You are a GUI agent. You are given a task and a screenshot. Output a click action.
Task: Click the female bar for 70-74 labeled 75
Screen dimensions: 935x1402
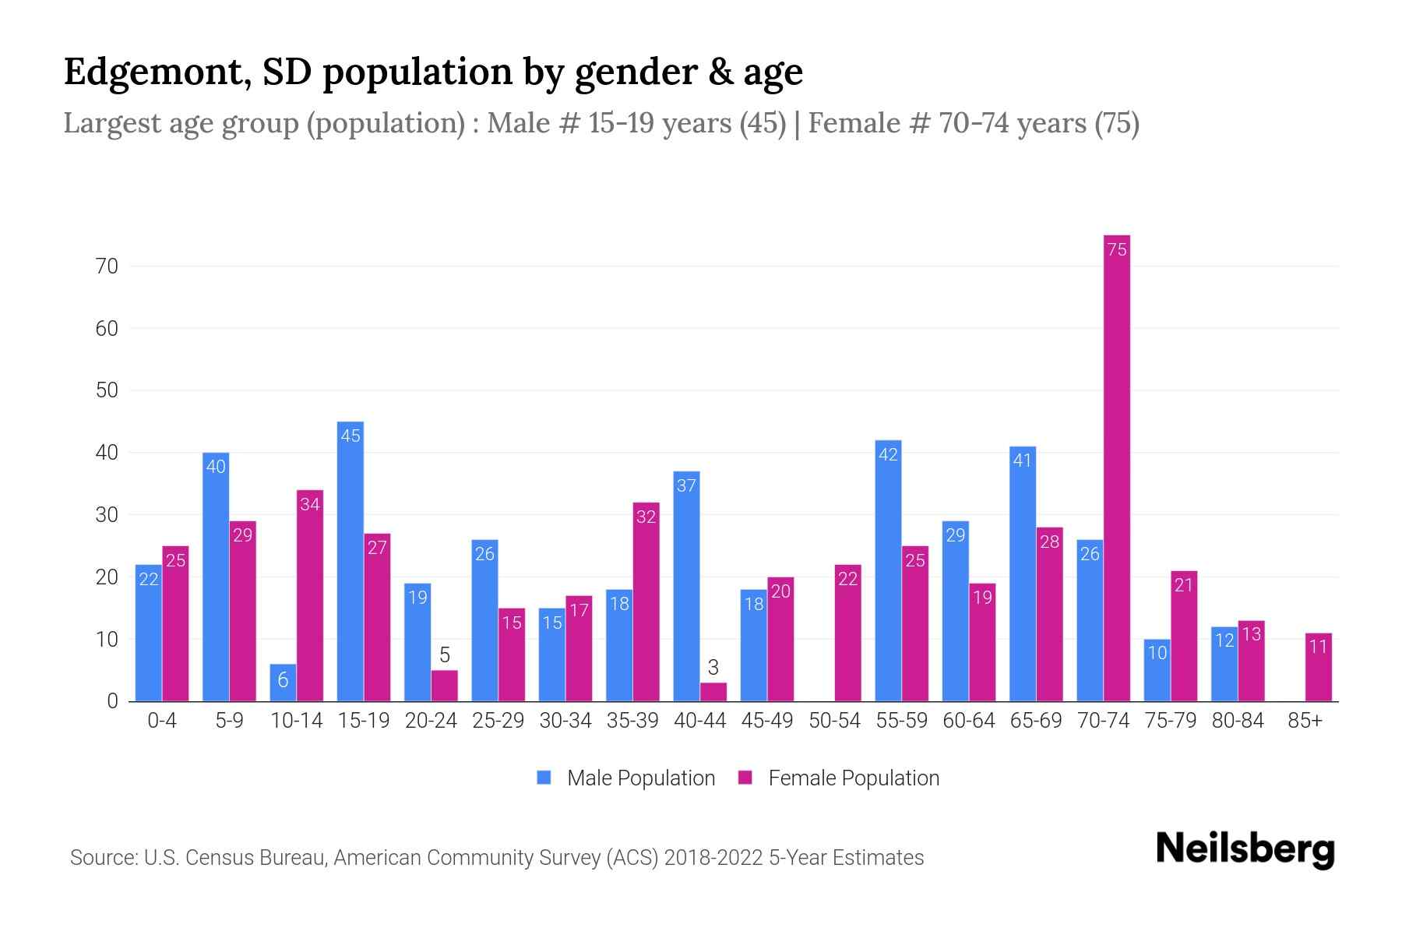click(x=1116, y=467)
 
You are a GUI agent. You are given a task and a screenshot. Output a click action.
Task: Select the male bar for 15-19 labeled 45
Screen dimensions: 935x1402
click(x=350, y=561)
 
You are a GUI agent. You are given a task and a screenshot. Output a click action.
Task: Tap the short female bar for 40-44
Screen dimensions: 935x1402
click(x=713, y=692)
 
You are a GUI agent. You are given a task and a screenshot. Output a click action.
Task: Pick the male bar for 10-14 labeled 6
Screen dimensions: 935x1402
click(x=283, y=683)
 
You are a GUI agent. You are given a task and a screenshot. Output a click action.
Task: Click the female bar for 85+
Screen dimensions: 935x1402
click(x=1318, y=667)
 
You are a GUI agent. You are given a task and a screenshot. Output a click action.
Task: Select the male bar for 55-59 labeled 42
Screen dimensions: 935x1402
click(x=888, y=570)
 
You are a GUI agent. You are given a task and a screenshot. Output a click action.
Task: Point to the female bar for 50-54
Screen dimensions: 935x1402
click(x=847, y=633)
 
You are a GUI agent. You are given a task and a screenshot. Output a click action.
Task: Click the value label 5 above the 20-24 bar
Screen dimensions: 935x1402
click(x=445, y=654)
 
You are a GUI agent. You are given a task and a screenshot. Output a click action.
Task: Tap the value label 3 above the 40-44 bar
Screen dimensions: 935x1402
click(x=713, y=667)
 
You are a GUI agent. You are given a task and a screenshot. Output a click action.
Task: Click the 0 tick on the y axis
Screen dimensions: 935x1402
click(x=112, y=701)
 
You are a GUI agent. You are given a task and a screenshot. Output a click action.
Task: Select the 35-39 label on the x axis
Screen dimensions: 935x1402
click(x=632, y=721)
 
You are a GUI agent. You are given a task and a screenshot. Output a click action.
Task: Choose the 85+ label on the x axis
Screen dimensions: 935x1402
click(x=1305, y=721)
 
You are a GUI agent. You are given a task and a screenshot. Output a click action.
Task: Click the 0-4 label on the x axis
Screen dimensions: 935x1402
click(x=162, y=721)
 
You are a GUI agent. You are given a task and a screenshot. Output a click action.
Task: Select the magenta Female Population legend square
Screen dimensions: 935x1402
click(x=745, y=778)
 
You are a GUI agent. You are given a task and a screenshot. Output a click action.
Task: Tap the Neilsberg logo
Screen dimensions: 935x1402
click(x=1245, y=849)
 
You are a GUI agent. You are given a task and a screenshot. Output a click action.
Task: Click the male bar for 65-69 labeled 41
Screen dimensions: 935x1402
click(x=1023, y=573)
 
